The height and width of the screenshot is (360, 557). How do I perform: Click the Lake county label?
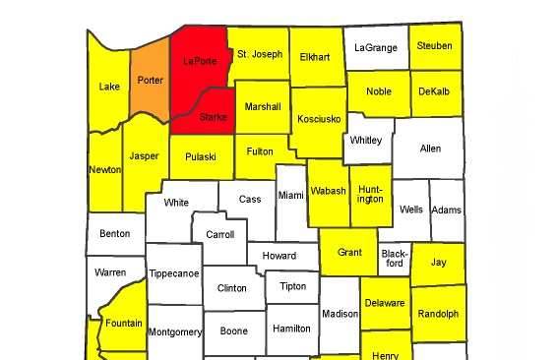109,87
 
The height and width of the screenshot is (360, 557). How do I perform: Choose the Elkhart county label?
315,56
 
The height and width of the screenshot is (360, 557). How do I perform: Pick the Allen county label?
430,149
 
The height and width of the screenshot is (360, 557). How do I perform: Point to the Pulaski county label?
201,155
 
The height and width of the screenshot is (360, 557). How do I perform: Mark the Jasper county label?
145,155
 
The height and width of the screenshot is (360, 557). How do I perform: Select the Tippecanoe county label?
173,273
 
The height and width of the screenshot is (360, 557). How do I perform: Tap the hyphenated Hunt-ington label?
370,193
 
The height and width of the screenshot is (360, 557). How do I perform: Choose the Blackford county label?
393,258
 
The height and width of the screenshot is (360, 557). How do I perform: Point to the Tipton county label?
292,286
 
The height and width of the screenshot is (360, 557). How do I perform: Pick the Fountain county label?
124,323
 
